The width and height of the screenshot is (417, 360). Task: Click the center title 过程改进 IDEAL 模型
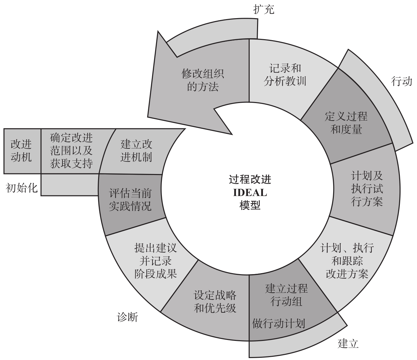click(x=250, y=192)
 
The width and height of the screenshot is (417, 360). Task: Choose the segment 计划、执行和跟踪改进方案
click(x=347, y=261)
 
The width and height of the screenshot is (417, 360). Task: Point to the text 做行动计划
click(x=278, y=323)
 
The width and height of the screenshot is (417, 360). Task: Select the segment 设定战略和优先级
click(x=215, y=301)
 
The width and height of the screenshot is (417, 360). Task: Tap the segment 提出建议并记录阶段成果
click(x=155, y=261)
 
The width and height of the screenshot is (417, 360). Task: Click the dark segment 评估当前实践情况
click(x=130, y=200)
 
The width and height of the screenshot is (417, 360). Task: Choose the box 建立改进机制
click(x=136, y=151)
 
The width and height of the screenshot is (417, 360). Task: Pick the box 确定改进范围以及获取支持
click(x=71, y=151)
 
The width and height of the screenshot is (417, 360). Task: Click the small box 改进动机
click(x=21, y=151)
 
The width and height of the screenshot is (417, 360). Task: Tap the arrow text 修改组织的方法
click(x=203, y=80)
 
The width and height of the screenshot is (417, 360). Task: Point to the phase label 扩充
click(x=264, y=10)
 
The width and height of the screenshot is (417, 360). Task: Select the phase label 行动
click(x=401, y=81)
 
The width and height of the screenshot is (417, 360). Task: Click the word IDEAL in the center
click(x=250, y=192)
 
